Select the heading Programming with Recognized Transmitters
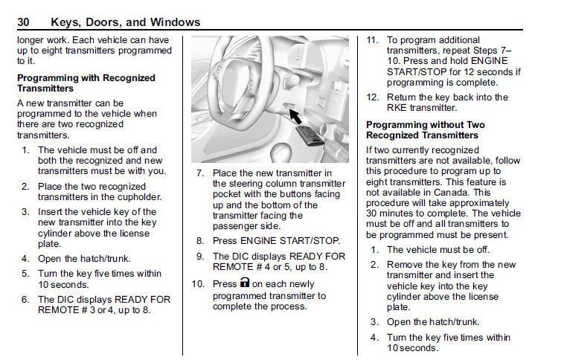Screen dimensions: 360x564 coord(86,83)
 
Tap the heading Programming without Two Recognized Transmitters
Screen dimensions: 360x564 coord(426,130)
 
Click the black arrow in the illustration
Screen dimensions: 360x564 coord(295,116)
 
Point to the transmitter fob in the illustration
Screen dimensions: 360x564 coord(313,137)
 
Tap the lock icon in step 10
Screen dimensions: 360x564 coord(244,284)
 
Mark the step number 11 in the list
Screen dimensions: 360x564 coord(372,40)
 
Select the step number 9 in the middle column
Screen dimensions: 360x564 coord(199,256)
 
